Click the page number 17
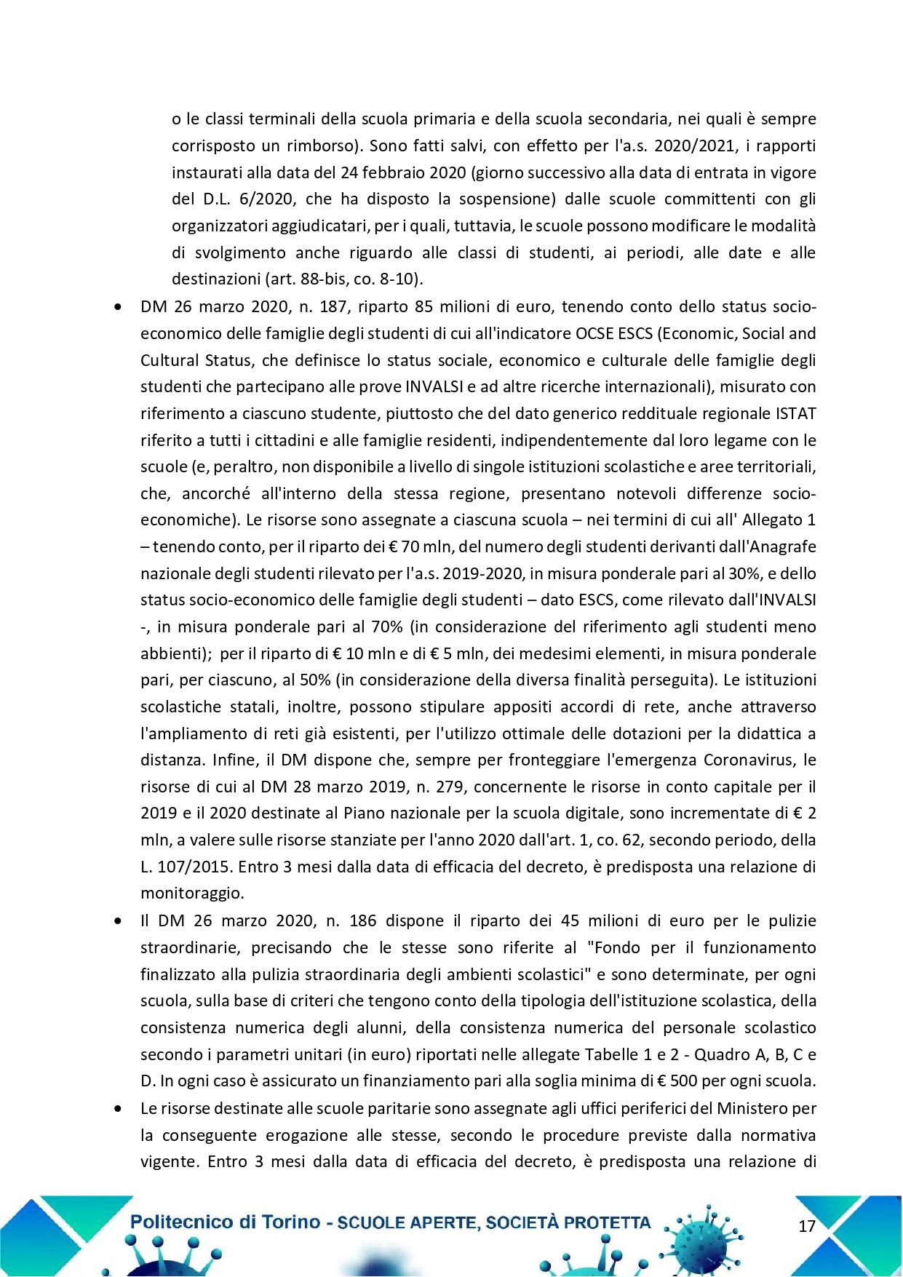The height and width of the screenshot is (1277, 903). tap(807, 1226)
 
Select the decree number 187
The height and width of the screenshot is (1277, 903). tap(333, 307)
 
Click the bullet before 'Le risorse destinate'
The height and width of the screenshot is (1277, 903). tap(118, 1109)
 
